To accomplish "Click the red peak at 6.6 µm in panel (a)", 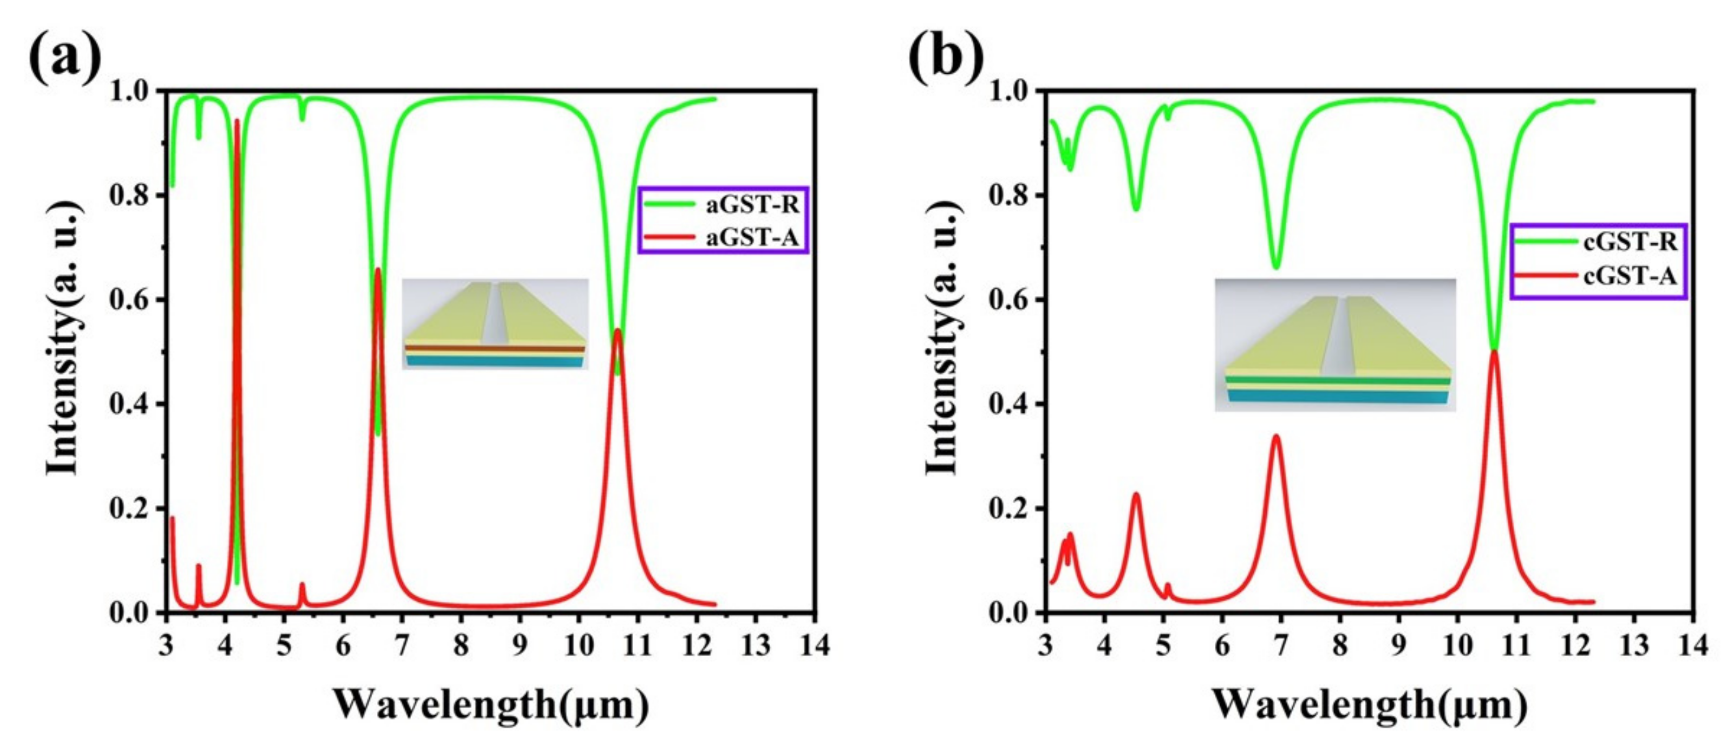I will click(378, 270).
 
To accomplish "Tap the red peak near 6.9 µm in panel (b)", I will click(1276, 437).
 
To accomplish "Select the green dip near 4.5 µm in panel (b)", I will click(1136, 209).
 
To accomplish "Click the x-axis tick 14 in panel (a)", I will click(814, 646).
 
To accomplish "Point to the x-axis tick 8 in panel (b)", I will click(1340, 646).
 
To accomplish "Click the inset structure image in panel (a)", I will click(496, 323).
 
